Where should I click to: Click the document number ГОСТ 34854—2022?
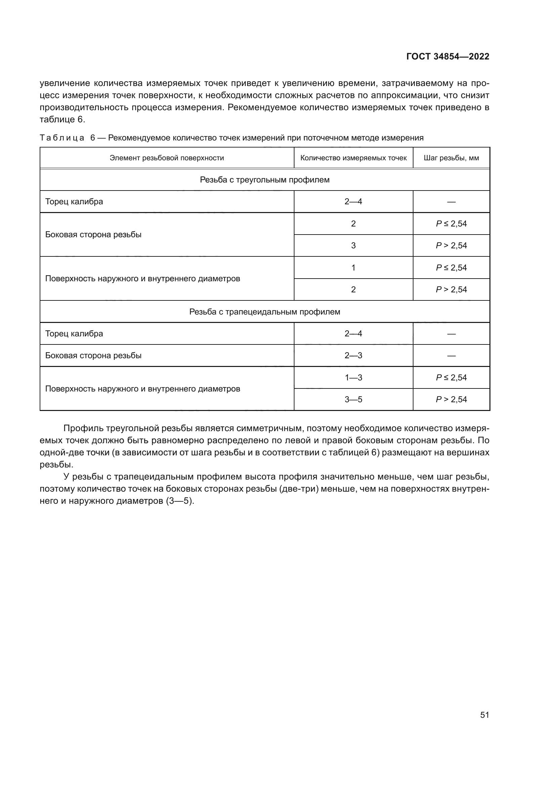[x=447, y=56]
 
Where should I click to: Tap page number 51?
[x=484, y=715]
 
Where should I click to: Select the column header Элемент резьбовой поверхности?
[x=167, y=158]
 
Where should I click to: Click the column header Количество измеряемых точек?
[x=353, y=158]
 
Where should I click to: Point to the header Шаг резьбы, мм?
[x=451, y=158]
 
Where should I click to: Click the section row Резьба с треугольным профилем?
[x=265, y=180]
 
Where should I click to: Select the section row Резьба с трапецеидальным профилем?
[x=265, y=312]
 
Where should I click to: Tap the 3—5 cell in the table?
[x=353, y=400]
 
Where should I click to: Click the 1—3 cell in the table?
[x=353, y=378]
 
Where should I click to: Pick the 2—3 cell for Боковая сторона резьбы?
[x=353, y=356]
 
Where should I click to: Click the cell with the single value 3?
[x=353, y=245]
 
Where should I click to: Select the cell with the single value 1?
[x=353, y=268]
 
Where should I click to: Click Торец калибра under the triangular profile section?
[x=74, y=202]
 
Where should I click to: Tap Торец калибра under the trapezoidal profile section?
[x=74, y=334]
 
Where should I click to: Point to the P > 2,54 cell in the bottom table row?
[x=451, y=400]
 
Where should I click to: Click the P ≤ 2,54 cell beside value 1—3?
[x=451, y=378]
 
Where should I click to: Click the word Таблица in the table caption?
[x=62, y=138]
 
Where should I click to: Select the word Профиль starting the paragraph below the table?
[x=83, y=428]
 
